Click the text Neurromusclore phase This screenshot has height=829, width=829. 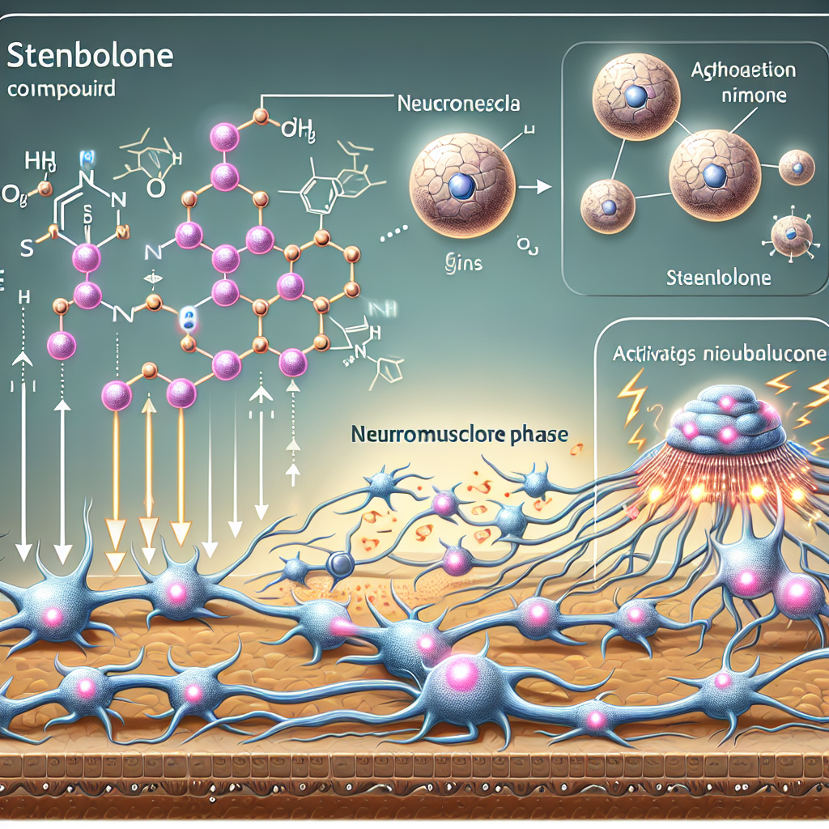(460, 435)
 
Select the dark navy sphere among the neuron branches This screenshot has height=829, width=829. (339, 563)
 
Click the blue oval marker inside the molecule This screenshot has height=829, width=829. (188, 317)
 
